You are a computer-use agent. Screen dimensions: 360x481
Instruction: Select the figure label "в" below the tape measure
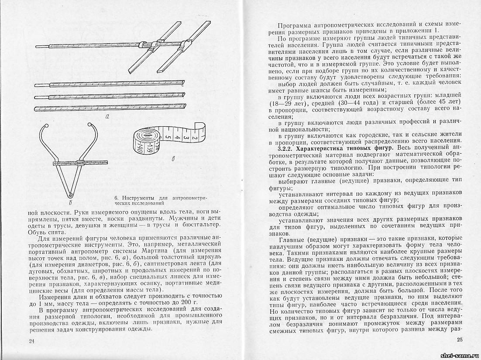[174, 158]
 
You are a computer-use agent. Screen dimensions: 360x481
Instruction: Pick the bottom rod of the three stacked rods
[109, 106]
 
